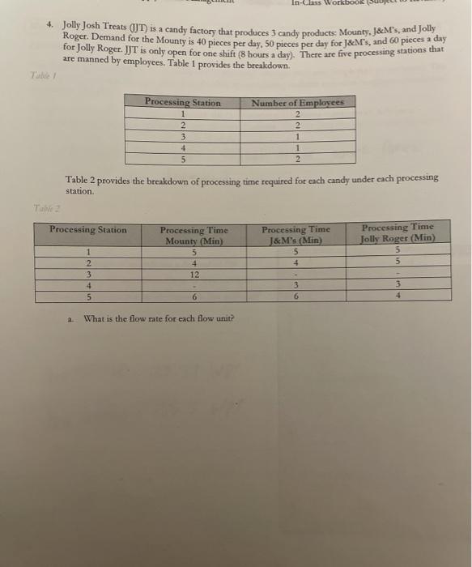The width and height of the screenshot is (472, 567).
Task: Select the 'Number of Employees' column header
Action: [x=298, y=103]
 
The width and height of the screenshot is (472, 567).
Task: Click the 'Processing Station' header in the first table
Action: [x=182, y=103]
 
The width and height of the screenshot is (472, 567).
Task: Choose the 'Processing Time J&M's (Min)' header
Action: [x=296, y=235]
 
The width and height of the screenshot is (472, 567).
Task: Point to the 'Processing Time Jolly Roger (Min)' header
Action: [x=398, y=232]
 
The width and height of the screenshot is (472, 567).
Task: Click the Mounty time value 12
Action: [x=193, y=274]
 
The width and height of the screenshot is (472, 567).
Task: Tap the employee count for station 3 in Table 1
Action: [x=298, y=137]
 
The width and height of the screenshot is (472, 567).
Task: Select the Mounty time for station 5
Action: [x=193, y=297]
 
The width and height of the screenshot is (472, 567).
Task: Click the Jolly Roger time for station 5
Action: [x=398, y=296]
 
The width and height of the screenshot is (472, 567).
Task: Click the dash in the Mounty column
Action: [x=193, y=286]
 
